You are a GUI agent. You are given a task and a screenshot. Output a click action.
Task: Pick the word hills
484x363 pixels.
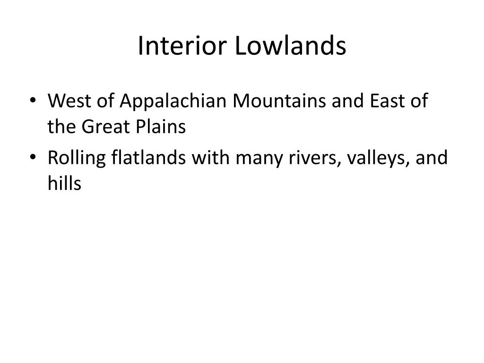coord(64,183)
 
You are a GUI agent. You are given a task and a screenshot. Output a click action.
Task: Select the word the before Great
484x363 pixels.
coord(62,126)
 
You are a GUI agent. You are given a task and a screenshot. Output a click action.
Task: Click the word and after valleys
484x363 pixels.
coord(432,158)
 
